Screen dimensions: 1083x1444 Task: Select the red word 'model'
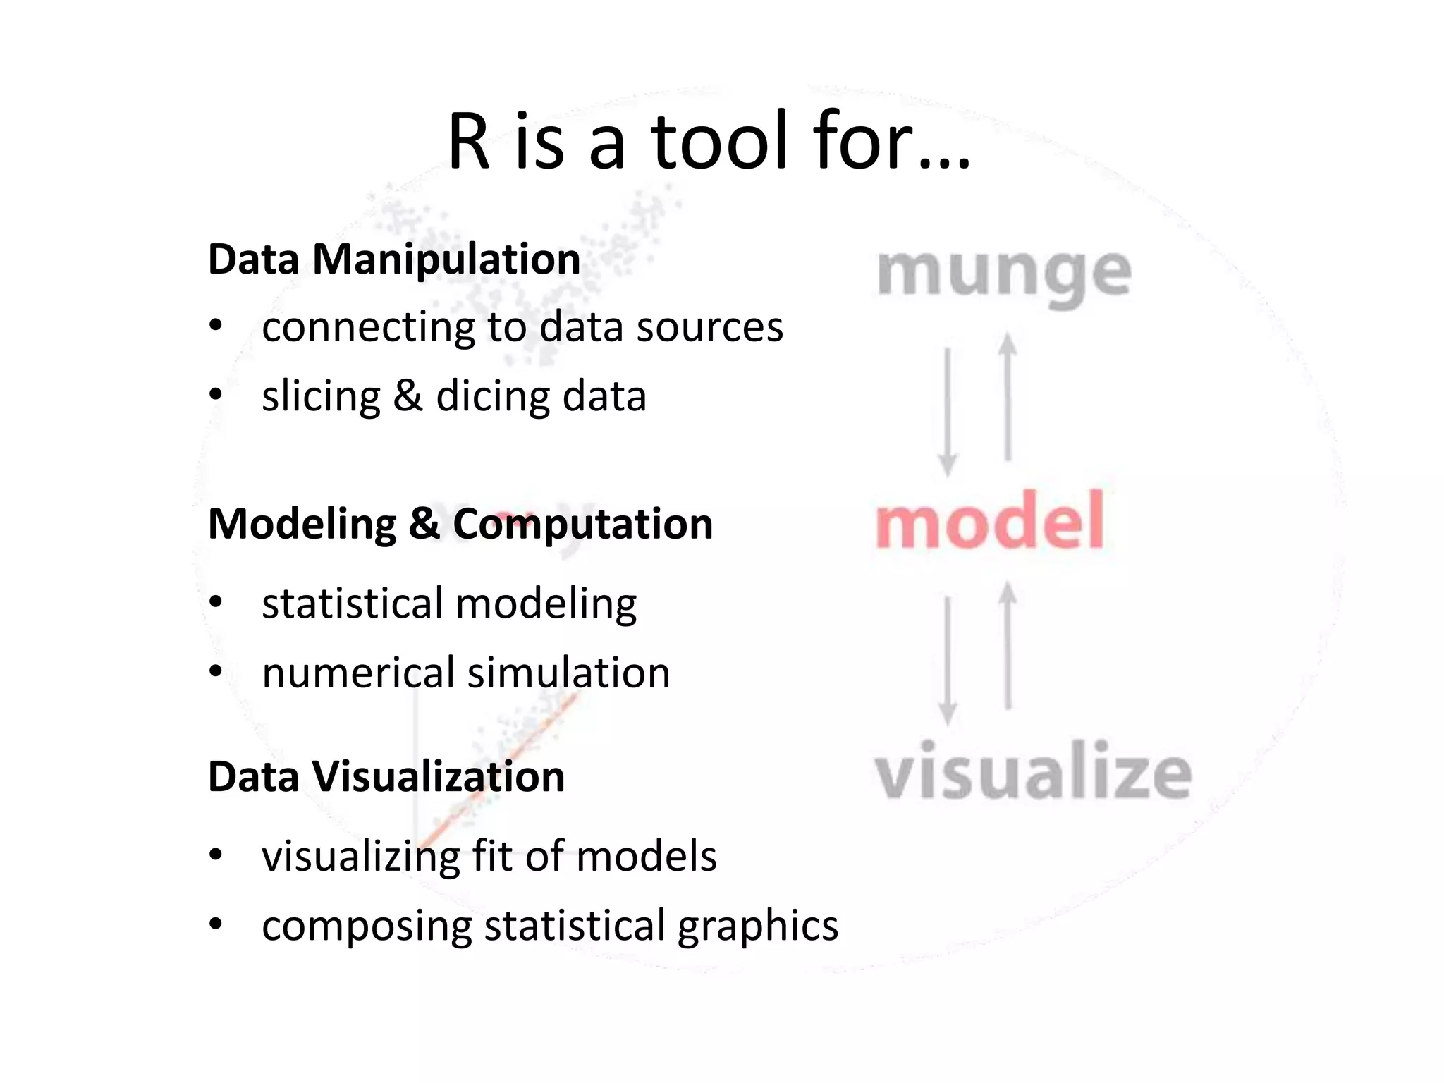point(990,522)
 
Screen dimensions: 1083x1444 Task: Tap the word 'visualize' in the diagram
point(1033,771)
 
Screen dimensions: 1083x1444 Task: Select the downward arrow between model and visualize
point(948,660)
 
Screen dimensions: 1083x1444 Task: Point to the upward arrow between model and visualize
point(1008,646)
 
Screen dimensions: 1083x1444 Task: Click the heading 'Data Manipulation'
point(394,259)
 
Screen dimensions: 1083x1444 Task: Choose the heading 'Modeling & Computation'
point(460,524)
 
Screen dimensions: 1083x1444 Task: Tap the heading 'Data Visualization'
point(386,776)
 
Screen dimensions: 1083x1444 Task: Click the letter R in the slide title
point(469,142)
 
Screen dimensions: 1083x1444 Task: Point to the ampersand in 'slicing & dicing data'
point(408,395)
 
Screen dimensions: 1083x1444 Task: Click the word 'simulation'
point(568,673)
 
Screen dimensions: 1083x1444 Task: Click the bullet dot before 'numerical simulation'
point(216,672)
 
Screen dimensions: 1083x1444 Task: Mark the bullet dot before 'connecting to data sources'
point(216,326)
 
